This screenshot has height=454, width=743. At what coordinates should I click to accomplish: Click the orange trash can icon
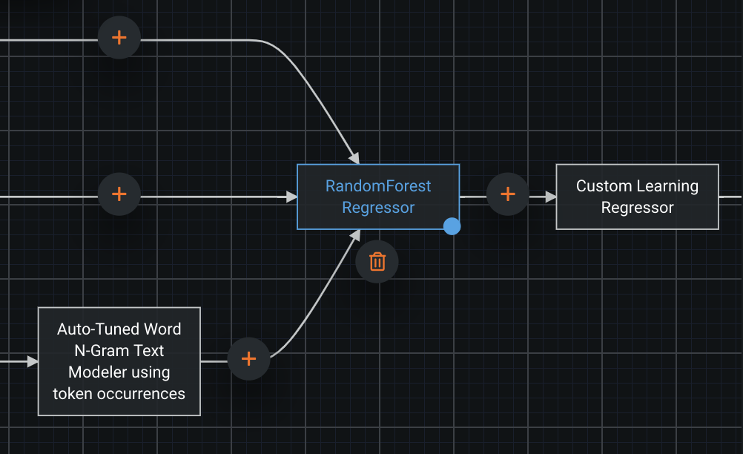click(x=377, y=261)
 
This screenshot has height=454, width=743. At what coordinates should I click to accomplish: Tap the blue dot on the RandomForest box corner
click(x=452, y=226)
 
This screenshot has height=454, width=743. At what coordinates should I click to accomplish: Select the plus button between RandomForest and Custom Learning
click(x=508, y=194)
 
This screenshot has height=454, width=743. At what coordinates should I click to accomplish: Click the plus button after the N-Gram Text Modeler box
click(x=249, y=359)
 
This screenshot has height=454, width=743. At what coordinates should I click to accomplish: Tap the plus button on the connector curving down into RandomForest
click(x=119, y=38)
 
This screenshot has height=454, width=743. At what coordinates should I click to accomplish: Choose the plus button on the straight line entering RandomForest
click(x=119, y=194)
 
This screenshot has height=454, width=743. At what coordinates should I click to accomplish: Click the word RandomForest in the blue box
click(x=378, y=185)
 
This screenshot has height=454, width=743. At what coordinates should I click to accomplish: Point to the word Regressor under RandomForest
click(x=378, y=208)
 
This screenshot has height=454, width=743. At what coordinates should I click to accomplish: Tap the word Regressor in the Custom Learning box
click(x=637, y=208)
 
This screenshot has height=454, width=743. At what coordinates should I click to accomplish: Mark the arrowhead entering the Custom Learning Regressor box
click(x=549, y=197)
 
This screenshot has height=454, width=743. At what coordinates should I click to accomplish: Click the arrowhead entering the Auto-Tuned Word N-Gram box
click(x=32, y=361)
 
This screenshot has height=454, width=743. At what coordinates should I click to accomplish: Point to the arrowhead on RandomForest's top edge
click(x=354, y=158)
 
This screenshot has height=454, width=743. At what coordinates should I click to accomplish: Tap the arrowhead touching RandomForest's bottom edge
click(x=355, y=235)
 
